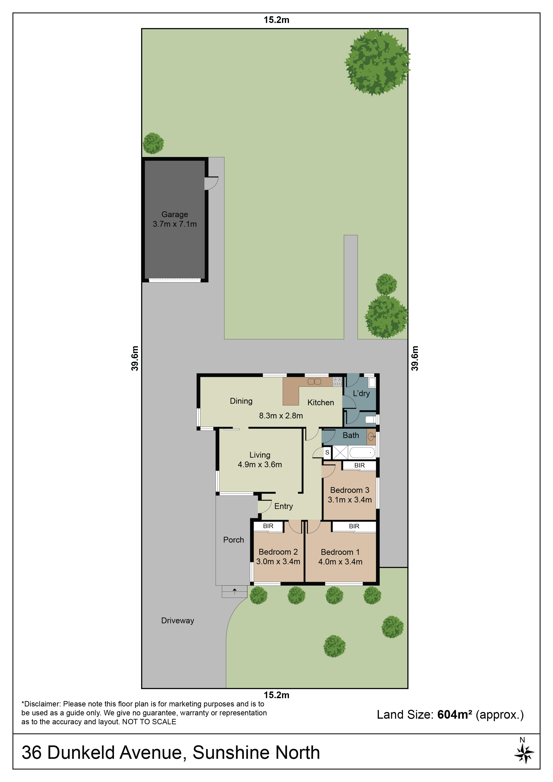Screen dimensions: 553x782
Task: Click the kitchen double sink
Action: [x=314, y=381]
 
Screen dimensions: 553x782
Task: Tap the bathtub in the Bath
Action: [x=362, y=453]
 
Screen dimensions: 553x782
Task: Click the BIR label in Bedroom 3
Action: [x=359, y=465]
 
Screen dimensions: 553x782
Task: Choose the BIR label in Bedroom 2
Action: [x=268, y=526]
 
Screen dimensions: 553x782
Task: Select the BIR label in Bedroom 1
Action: [x=354, y=526]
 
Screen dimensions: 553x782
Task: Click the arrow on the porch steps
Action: [x=234, y=591]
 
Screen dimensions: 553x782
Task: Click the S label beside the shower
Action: [x=327, y=453]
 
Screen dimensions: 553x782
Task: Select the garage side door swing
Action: [x=211, y=183]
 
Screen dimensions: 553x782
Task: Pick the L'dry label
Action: [x=361, y=393]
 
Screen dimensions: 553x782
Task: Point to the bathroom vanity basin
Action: [x=371, y=437]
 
